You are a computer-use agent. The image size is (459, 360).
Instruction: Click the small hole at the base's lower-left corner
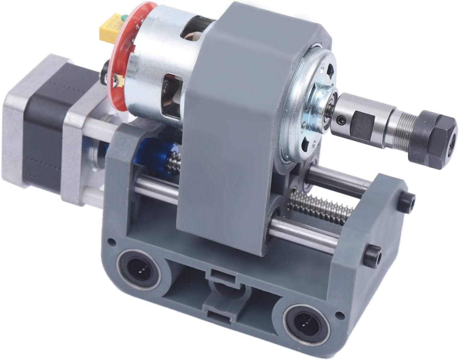tap(112, 241)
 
